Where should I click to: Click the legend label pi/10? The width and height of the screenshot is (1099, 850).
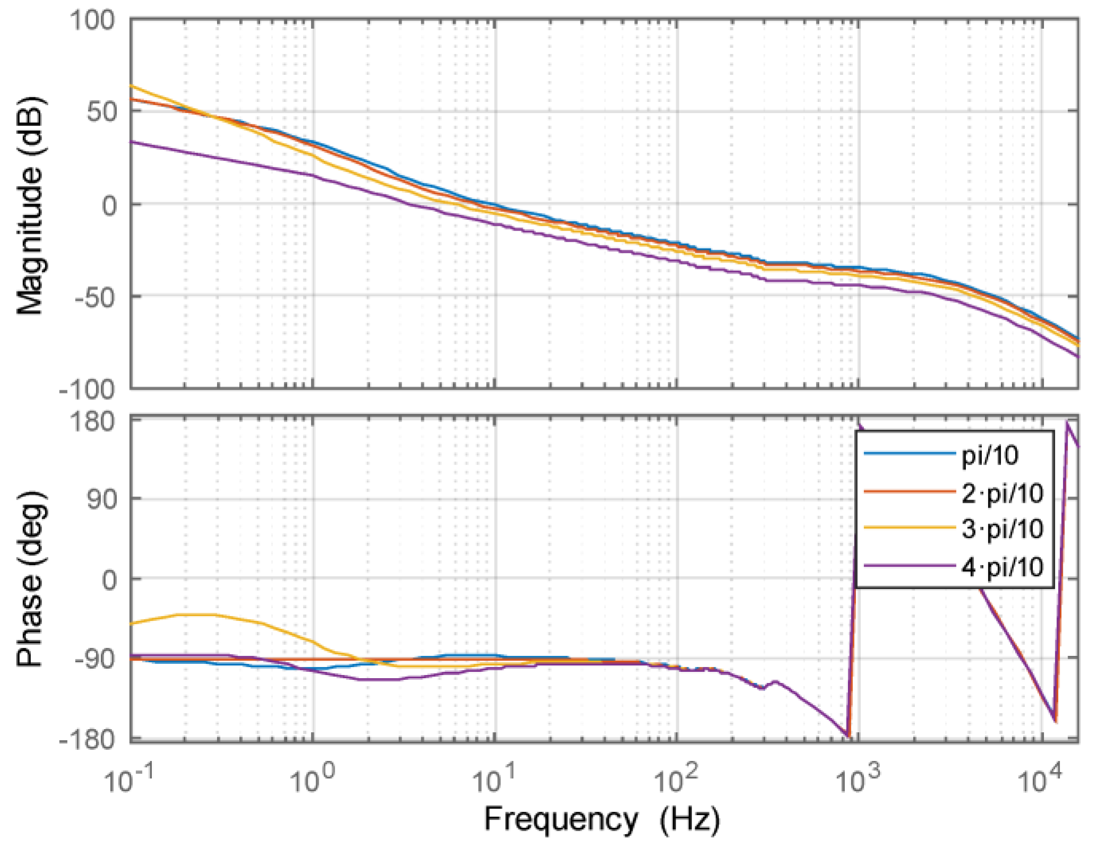point(990,455)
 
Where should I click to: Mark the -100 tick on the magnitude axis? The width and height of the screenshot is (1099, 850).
point(88,390)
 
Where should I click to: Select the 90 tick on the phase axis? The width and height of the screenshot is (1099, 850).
point(101,499)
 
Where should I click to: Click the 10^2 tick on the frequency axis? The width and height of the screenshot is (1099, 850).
point(675,780)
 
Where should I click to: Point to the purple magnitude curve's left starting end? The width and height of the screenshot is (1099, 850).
point(132,142)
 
